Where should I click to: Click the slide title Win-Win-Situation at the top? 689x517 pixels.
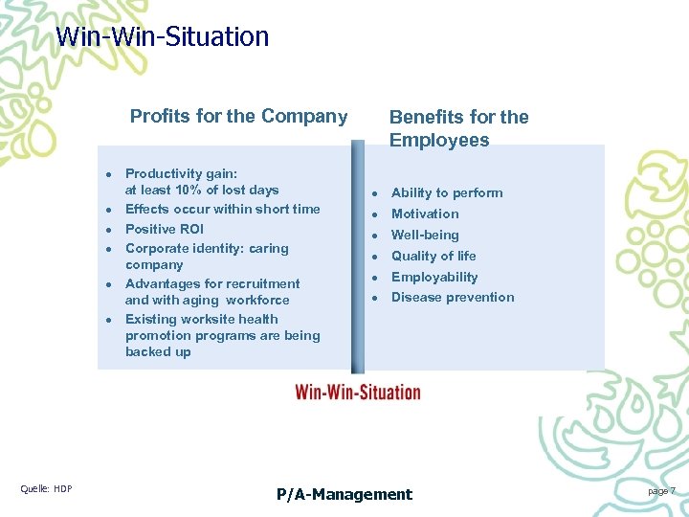163,37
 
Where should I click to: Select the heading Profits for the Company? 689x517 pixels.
238,117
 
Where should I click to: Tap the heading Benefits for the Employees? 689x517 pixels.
458,128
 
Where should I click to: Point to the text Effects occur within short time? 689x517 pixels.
222,209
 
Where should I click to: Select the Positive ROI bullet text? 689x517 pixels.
164,229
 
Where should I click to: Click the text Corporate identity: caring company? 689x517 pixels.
206,256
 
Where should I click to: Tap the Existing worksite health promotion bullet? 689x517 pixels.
222,335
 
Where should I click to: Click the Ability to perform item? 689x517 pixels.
446,192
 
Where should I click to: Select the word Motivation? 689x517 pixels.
425,214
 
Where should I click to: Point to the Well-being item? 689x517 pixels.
425,235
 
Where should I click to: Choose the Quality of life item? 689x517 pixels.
433,256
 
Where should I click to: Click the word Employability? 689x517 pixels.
433,277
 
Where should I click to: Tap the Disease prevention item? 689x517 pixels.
453,297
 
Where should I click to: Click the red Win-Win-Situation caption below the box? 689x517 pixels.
358,392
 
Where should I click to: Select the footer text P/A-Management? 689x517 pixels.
344,494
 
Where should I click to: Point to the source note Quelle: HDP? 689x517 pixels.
46,489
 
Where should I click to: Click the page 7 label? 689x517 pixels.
660,490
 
